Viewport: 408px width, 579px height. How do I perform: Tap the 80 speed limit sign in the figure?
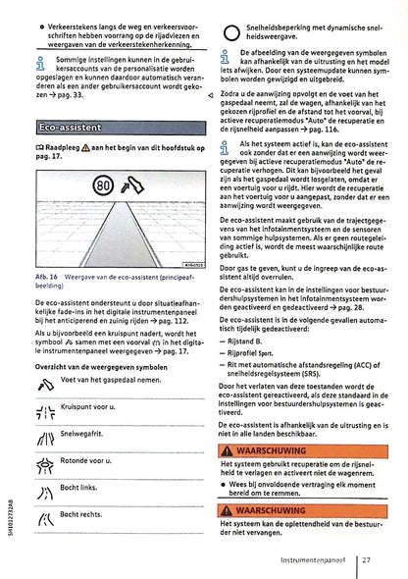point(105,185)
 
